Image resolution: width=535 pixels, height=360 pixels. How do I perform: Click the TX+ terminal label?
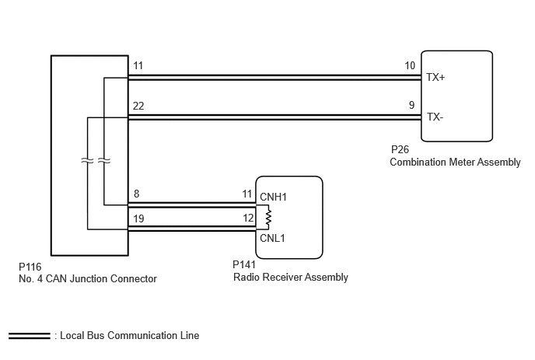435,78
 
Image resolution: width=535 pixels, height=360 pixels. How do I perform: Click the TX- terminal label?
435,117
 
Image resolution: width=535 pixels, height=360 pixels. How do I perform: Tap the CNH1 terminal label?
273,197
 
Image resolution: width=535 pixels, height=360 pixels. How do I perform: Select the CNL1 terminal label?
272,238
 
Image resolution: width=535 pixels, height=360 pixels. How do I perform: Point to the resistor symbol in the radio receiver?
268,217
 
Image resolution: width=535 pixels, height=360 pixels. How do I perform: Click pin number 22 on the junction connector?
138,106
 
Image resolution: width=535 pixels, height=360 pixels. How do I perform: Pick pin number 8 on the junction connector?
137,194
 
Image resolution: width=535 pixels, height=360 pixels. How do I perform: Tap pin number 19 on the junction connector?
138,218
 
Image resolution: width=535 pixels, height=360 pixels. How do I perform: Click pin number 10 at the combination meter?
410,65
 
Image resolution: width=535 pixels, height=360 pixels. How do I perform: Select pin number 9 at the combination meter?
412,105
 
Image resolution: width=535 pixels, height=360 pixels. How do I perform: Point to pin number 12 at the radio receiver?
248,218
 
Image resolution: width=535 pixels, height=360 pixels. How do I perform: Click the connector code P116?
30,267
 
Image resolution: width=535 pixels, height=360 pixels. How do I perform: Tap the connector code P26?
400,149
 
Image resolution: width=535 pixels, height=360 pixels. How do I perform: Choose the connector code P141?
244,264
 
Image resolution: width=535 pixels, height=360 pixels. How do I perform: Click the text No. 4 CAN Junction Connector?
88,279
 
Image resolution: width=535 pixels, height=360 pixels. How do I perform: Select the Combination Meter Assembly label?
455,162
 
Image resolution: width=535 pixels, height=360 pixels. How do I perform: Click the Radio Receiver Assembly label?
291,277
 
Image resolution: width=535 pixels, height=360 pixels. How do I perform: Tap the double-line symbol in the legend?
30,336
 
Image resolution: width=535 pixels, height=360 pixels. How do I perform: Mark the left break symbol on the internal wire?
87,160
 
